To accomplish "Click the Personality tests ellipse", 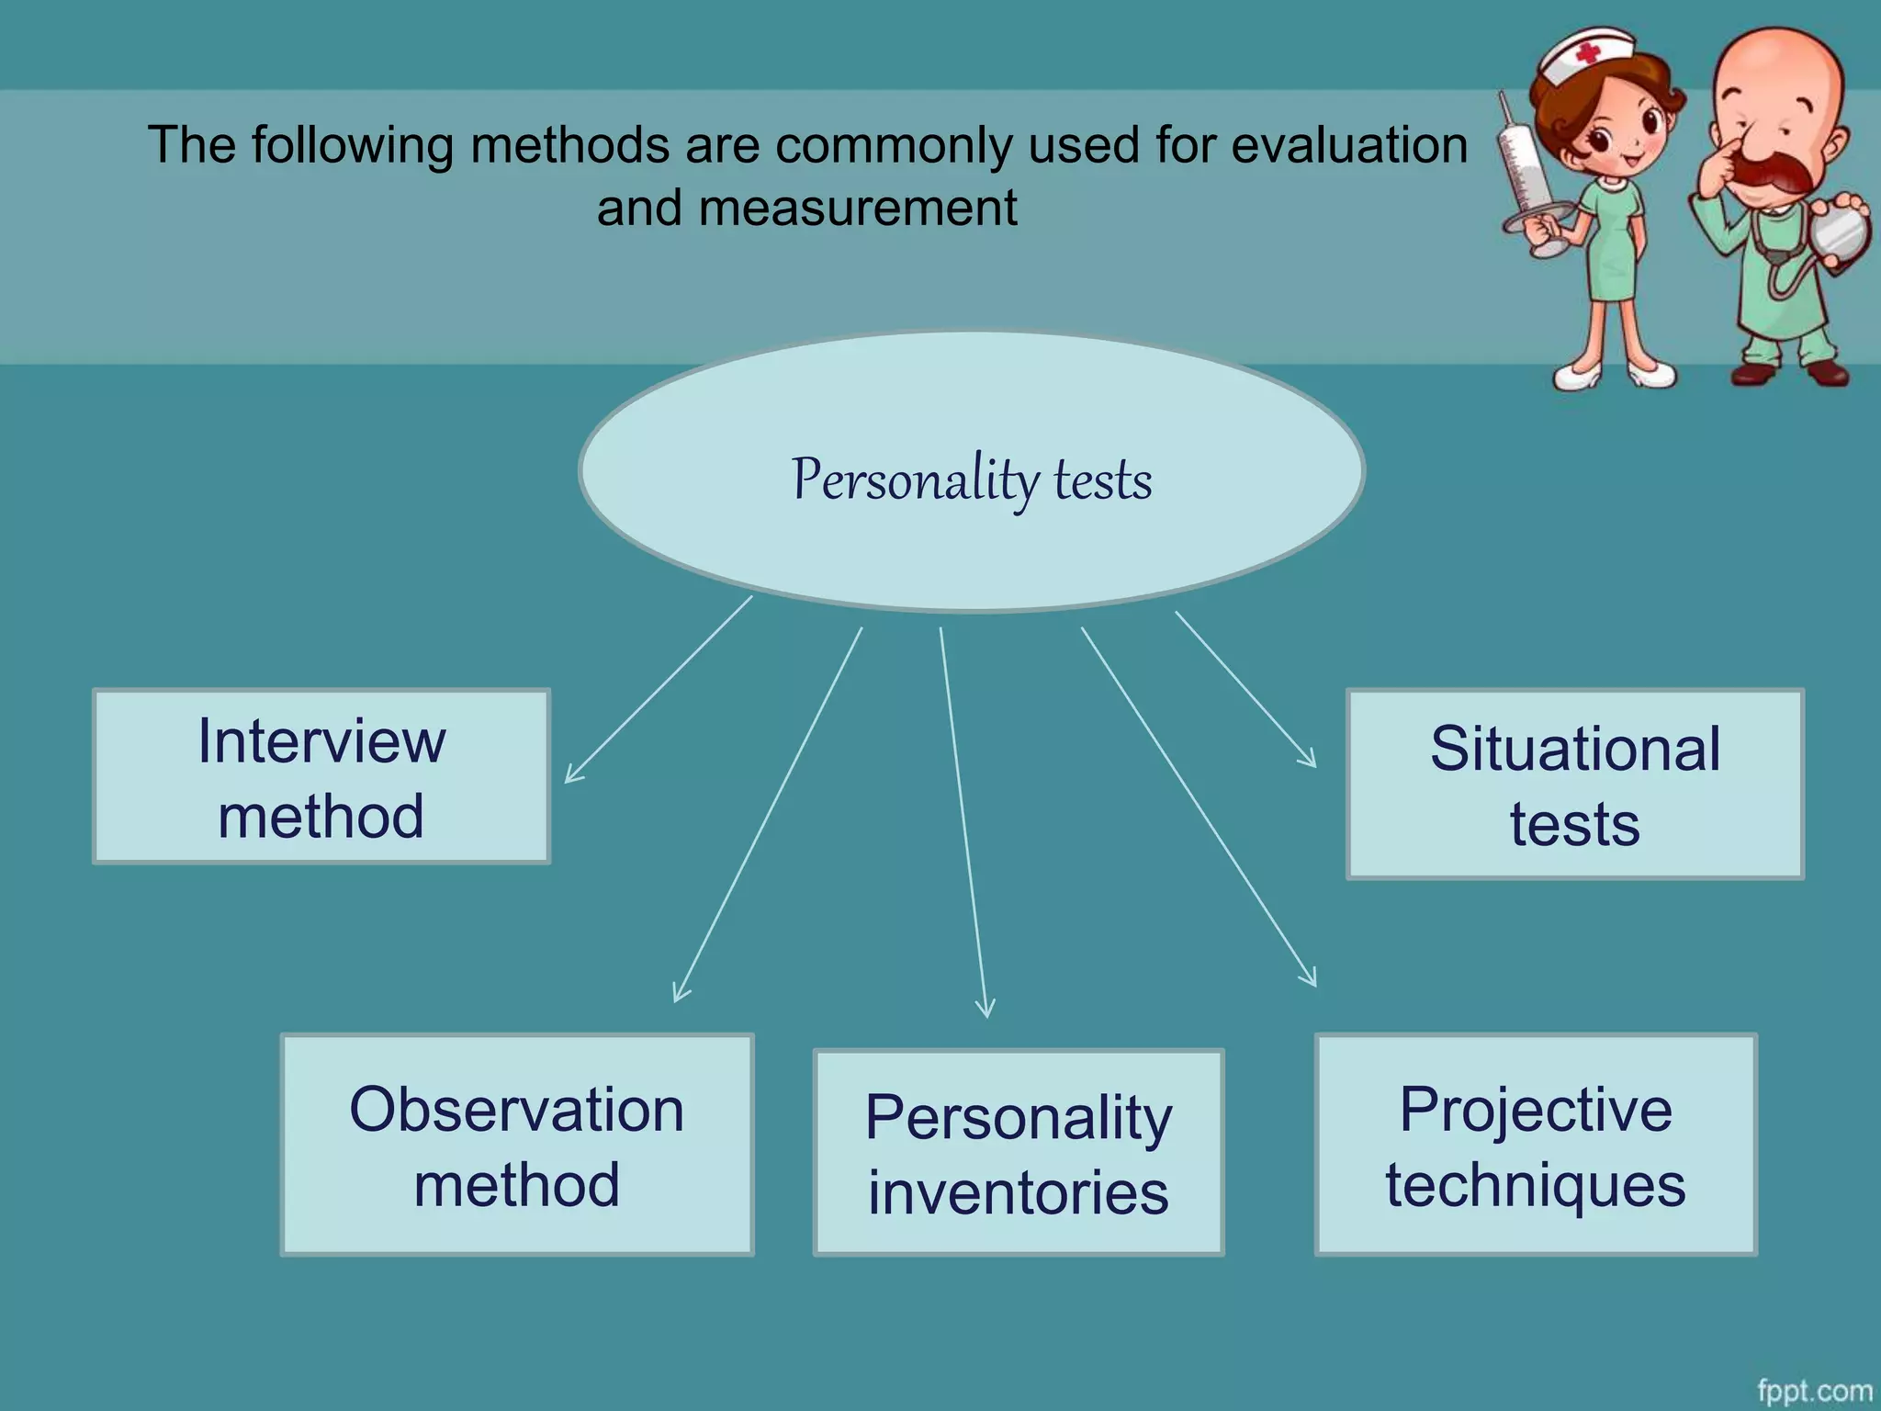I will tap(972, 472).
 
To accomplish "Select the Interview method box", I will tap(321, 777).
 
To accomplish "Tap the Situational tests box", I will tap(1574, 785).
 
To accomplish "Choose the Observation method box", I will tap(517, 1145).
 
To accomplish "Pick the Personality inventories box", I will tap(1019, 1153).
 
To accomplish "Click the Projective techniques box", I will tap(1536, 1145).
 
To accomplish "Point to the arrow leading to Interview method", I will tap(658, 690).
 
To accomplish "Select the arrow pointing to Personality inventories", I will tap(963, 822).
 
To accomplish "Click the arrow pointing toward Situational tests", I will tap(1245, 689).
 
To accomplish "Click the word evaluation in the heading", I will tap(1349, 146).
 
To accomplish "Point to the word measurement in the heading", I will tap(858, 209).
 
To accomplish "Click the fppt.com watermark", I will tap(1814, 1390).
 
